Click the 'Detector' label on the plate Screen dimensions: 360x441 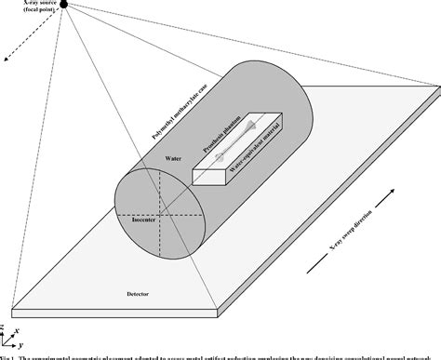click(x=137, y=294)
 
